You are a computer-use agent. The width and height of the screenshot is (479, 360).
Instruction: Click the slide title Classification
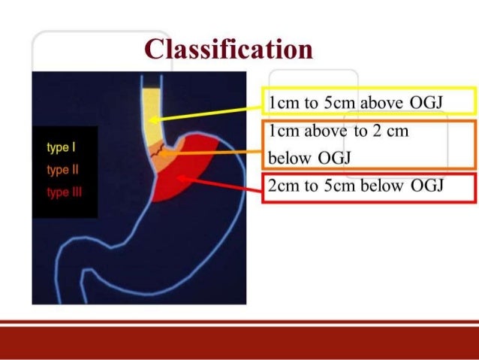[228, 50]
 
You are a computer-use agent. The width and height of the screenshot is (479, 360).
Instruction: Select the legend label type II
[59, 170]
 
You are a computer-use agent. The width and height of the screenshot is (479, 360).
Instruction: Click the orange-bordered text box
[368, 142]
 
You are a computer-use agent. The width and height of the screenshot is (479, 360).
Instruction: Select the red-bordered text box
[368, 187]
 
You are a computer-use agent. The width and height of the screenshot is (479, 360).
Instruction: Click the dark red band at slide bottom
[239, 342]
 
